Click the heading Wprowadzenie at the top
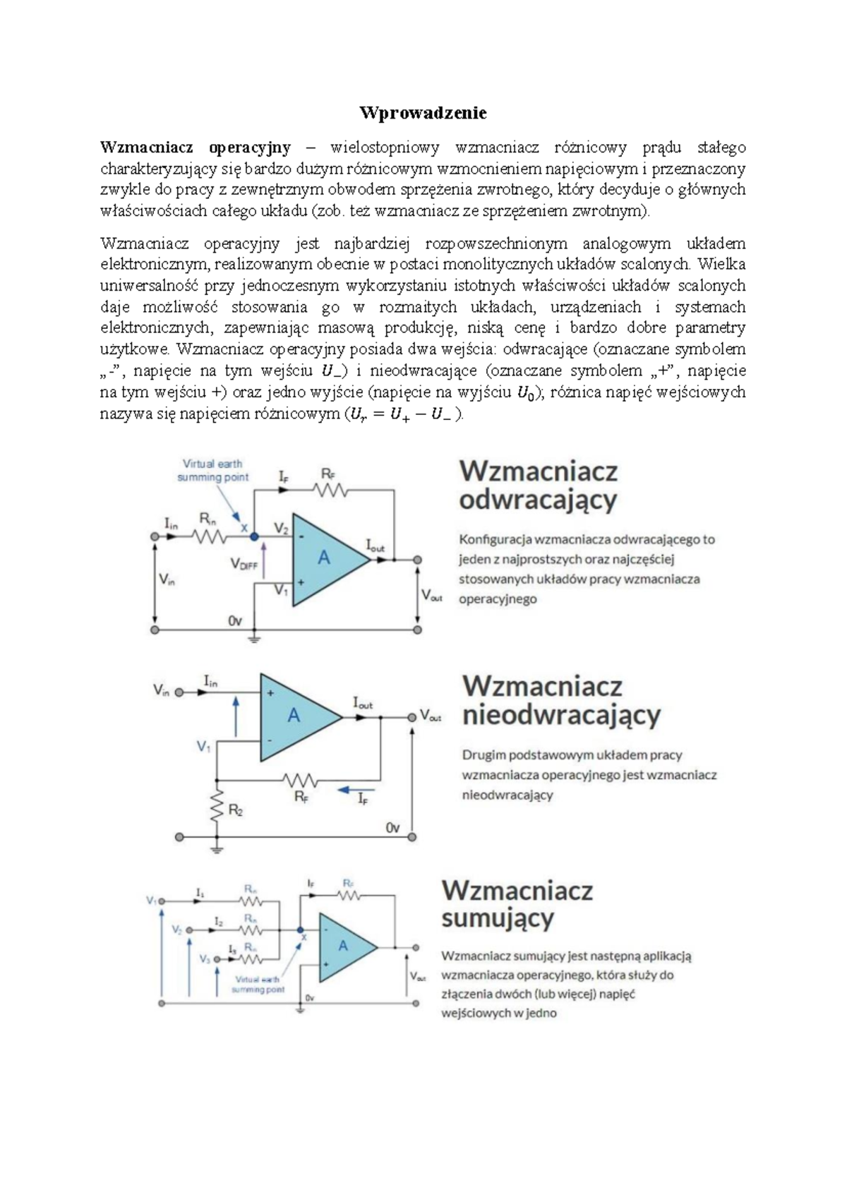point(423,113)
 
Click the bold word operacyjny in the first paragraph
point(250,148)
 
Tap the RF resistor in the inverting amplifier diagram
point(332,491)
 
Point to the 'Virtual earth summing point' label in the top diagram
point(212,471)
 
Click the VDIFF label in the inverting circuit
point(244,564)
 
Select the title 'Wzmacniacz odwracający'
point(538,485)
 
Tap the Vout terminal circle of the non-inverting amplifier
point(412,716)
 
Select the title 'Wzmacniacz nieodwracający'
point(560,700)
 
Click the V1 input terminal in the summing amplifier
point(162,901)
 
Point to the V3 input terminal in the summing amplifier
point(217,960)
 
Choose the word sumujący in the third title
point(498,918)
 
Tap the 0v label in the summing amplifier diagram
point(310,998)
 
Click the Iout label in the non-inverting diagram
point(363,703)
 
